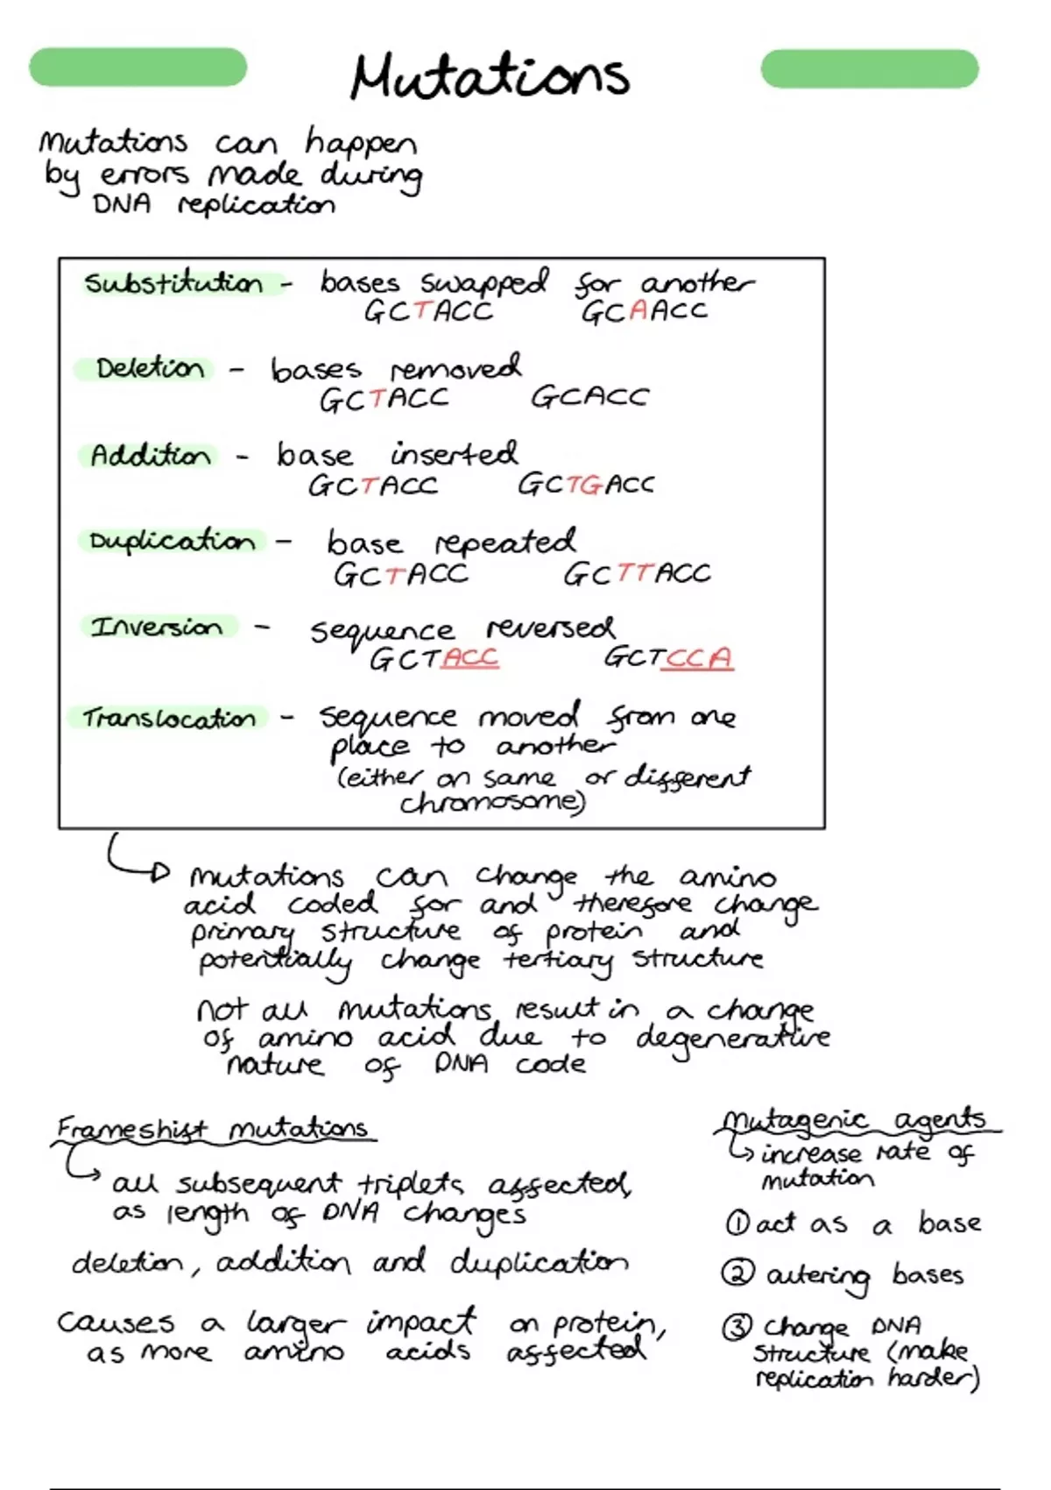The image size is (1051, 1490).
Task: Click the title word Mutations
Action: coord(490,76)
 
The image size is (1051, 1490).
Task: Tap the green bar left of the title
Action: coord(138,67)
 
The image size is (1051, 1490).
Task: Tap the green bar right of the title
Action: coord(870,67)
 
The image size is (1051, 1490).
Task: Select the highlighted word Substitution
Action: coord(174,284)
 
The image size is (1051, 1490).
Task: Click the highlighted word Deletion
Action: coord(150,368)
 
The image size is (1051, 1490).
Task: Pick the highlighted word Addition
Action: coord(151,456)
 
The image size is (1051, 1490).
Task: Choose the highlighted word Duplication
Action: coord(173,542)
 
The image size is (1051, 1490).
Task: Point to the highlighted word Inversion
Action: coord(157,628)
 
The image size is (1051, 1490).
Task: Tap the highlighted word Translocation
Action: coord(169,719)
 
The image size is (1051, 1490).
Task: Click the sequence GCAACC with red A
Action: coord(644,311)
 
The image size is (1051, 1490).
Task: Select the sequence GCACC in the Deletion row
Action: coord(589,398)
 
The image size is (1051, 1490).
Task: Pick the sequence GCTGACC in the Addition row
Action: coord(586,485)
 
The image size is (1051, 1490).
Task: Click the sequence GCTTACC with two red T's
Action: coord(637,574)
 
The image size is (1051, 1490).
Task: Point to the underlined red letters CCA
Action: coord(697,659)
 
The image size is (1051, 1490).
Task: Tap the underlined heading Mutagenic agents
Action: coord(857,1122)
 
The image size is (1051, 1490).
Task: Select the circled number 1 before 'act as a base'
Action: coord(737,1223)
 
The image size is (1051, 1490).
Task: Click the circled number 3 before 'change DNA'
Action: coord(736,1328)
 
